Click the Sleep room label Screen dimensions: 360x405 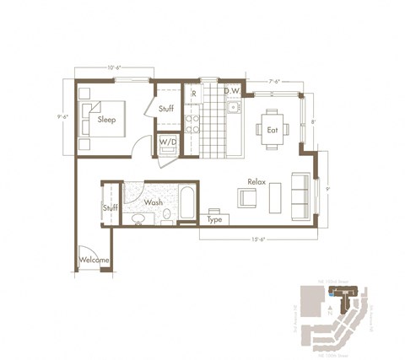pos(106,119)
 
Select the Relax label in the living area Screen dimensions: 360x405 pos(257,181)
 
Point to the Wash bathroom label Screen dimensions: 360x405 pos(154,202)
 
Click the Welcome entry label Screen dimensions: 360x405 pos(94,260)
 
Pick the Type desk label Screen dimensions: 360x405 pos(214,218)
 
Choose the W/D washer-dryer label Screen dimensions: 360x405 pos(169,142)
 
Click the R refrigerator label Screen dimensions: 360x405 pos(194,93)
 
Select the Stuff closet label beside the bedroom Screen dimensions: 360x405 pos(165,108)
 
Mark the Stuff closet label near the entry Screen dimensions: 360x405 pos(110,207)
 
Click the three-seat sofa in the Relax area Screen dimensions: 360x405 pos(299,195)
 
